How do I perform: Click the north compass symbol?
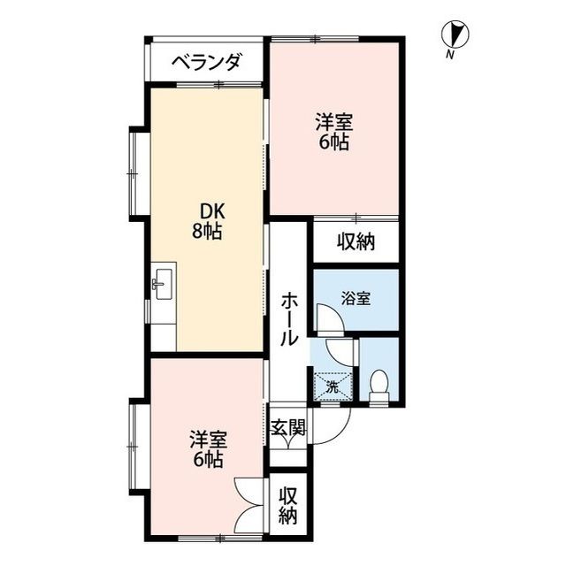click(x=454, y=35)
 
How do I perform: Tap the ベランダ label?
click(x=205, y=62)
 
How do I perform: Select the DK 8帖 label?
click(x=208, y=221)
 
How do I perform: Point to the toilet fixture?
click(x=379, y=386)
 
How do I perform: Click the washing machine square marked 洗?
click(x=332, y=385)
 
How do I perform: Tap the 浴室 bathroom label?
click(x=356, y=299)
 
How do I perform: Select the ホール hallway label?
click(x=289, y=318)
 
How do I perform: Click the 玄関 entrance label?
click(x=288, y=428)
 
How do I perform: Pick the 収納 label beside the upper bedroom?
click(x=356, y=241)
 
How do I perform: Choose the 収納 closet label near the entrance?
click(x=288, y=505)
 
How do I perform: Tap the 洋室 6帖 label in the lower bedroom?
click(x=209, y=448)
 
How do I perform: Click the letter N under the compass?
click(x=451, y=57)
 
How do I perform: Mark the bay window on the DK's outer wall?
click(x=136, y=172)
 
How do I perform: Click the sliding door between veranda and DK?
click(x=205, y=85)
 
